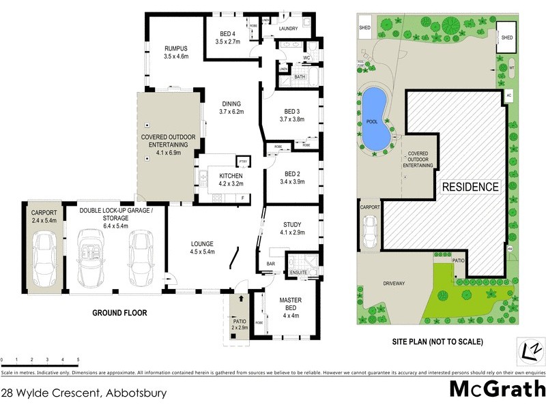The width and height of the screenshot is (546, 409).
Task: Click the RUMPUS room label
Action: click(175, 52)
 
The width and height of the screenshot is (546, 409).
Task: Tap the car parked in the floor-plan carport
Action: click(45, 259)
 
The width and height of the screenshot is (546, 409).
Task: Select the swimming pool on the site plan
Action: click(375, 122)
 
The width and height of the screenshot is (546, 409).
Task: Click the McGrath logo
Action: click(496, 389)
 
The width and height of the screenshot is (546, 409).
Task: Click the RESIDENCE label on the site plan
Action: click(471, 187)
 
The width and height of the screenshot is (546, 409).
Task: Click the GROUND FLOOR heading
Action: click(119, 314)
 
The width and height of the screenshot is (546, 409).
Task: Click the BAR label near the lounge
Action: click(271, 262)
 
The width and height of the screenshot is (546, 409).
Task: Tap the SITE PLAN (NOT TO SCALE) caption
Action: click(437, 342)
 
